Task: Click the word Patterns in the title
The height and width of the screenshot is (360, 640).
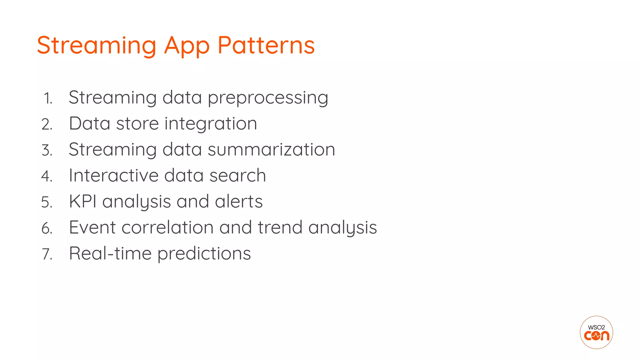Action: (266, 45)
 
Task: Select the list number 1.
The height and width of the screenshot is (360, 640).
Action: (48, 98)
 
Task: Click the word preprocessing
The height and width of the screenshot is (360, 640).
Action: (268, 98)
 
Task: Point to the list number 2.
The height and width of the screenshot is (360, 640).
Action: (47, 124)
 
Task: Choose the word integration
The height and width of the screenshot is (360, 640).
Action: (211, 124)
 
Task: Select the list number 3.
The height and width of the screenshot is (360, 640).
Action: (47, 150)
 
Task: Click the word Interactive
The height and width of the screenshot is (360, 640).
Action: (113, 175)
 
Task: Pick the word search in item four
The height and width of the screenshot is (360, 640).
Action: (237, 175)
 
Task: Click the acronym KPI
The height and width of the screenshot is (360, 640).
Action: (82, 201)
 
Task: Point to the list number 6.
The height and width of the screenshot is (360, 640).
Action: (47, 228)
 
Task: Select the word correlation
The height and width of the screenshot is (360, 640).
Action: (167, 227)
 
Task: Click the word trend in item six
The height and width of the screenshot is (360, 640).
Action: (280, 227)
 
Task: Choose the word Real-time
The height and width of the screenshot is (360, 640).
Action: (110, 253)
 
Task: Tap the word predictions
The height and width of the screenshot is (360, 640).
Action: (204, 254)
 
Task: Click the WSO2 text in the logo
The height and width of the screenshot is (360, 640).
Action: (596, 327)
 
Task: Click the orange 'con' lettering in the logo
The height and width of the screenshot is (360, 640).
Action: (597, 336)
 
